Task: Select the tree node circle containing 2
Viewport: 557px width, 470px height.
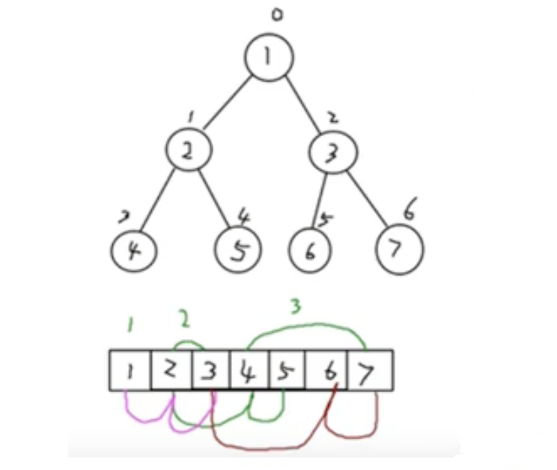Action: pos(188,150)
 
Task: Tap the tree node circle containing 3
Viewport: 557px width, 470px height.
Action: pos(332,151)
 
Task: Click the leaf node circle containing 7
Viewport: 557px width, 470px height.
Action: pos(399,248)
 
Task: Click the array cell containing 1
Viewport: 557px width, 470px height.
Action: pos(130,370)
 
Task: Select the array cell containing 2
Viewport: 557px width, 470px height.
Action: pos(171,370)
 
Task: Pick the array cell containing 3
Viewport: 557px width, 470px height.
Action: pos(210,370)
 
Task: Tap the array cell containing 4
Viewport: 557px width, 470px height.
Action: pos(249,370)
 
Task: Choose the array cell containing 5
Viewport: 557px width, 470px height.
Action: pos(287,370)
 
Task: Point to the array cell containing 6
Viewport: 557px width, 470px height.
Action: pos(326,370)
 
